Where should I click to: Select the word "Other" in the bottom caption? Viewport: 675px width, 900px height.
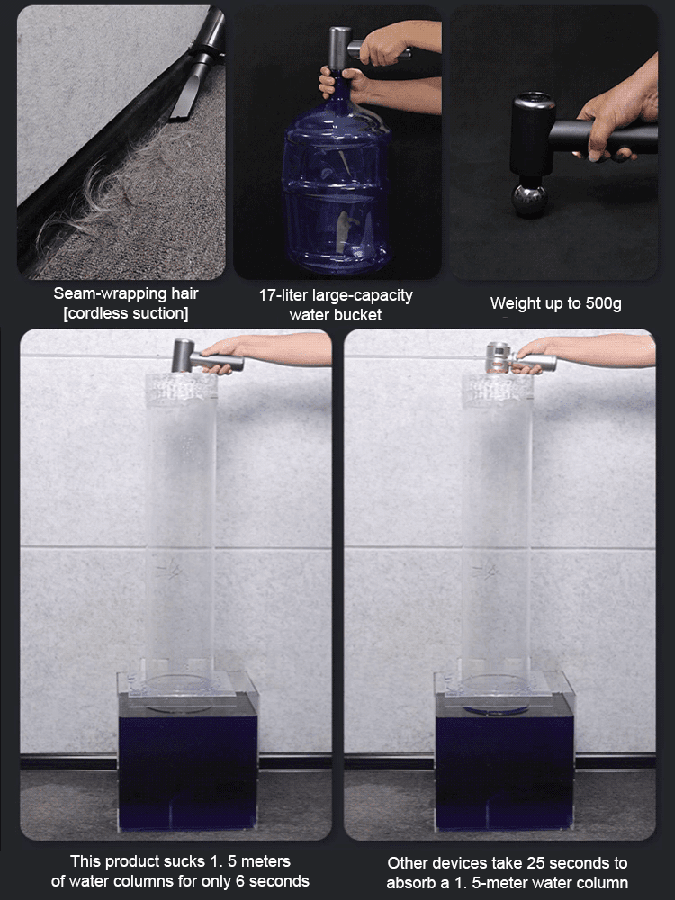tap(409, 863)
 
